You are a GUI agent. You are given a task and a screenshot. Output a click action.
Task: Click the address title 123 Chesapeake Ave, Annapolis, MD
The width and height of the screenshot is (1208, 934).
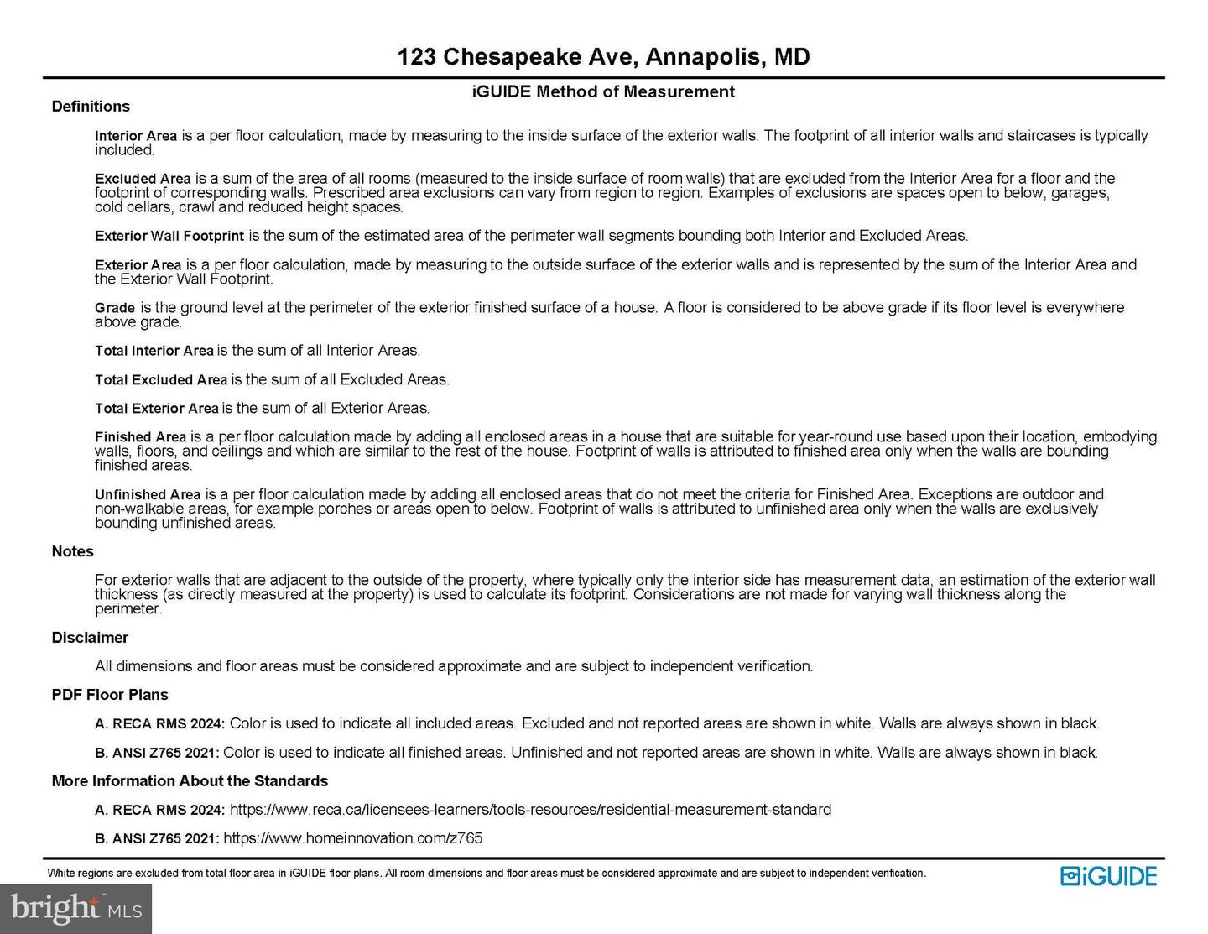pos(603,57)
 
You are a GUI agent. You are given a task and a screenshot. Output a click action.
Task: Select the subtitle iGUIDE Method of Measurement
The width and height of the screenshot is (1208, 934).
pos(603,91)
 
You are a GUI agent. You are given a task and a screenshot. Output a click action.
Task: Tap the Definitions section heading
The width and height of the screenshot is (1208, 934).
pos(91,107)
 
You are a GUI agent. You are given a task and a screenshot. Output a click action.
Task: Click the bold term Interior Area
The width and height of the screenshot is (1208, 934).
pos(136,136)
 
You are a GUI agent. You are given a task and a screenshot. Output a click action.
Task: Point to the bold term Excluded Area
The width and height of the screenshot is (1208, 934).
pos(143,179)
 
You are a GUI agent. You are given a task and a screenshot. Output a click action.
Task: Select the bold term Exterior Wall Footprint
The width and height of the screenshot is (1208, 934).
pos(169,236)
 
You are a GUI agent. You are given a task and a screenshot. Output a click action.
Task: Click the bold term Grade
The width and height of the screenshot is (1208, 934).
pos(115,308)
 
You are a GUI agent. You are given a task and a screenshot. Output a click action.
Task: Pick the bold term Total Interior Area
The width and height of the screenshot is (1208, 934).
pos(154,351)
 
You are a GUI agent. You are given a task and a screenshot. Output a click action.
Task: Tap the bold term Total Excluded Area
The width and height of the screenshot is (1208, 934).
pos(161,380)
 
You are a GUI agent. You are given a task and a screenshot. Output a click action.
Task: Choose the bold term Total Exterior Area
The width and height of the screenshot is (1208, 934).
pos(157,409)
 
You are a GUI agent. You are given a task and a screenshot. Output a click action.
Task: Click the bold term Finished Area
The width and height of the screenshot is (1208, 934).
pos(140,437)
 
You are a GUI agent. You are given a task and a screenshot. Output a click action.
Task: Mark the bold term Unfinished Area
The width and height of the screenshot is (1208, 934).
pos(148,495)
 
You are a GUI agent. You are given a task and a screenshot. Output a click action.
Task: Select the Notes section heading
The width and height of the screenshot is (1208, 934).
pos(73,551)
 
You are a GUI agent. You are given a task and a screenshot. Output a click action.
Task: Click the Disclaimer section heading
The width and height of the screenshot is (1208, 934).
pos(90,638)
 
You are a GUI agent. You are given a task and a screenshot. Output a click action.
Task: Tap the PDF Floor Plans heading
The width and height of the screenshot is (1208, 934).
pos(110,695)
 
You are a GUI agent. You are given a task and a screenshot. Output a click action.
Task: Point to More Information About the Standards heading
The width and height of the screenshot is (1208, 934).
pos(190,781)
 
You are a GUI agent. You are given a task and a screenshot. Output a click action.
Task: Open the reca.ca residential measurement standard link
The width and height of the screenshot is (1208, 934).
pos(530,810)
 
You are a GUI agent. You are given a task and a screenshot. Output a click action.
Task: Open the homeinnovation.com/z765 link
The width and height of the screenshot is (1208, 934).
pos(352,838)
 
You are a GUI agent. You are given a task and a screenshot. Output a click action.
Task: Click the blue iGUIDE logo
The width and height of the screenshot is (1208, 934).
pos(1108,876)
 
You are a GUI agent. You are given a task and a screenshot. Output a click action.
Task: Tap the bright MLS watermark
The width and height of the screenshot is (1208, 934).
pos(75,908)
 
